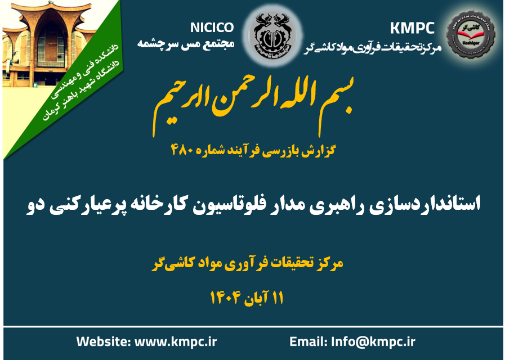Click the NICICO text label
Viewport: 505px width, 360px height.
click(212, 27)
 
